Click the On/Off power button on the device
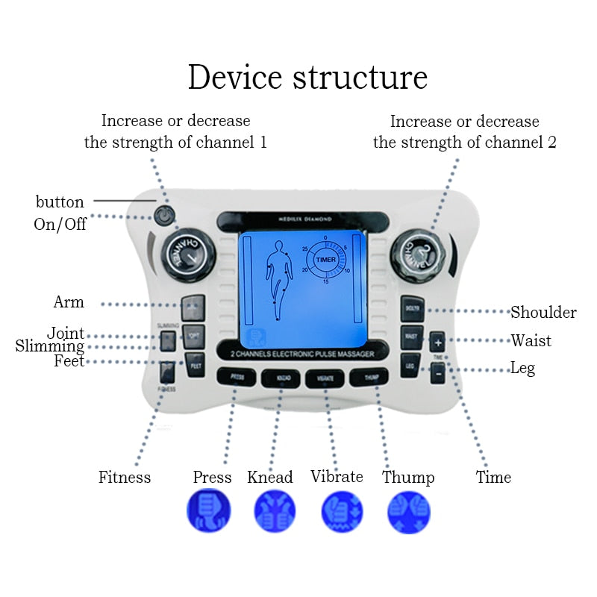(164, 216)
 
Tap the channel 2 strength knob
(419, 252)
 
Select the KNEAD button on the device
(280, 378)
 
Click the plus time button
(437, 343)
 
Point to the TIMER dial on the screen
(325, 259)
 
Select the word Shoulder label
(543, 312)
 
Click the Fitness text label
(125, 477)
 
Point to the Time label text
(493, 477)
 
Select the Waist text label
(531, 340)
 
